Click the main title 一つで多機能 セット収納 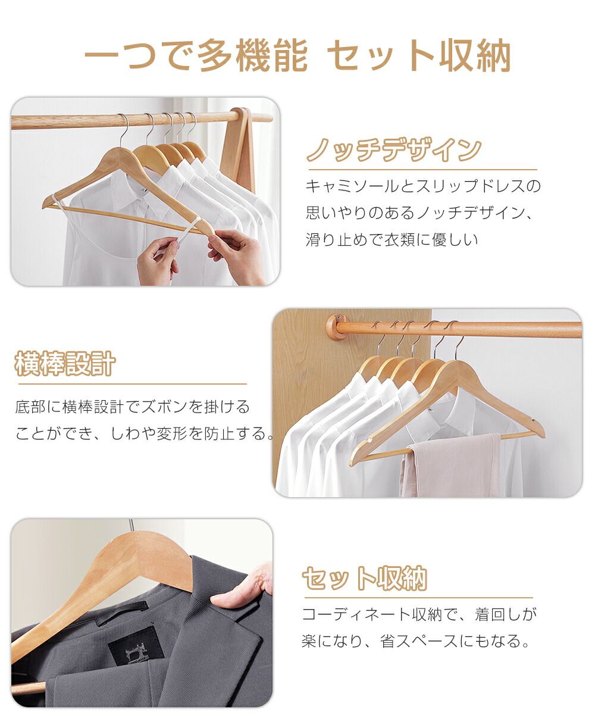(297, 55)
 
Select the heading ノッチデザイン (394, 150)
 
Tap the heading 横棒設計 (65, 364)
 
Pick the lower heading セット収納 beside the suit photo (365, 578)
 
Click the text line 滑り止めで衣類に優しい (392, 240)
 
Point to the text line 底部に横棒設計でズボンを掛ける (132, 407)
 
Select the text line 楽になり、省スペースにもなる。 (415, 641)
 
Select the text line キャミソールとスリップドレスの (423, 186)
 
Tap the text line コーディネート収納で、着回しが (419, 614)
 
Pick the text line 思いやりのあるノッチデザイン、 (419, 213)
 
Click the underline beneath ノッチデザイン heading (423, 170)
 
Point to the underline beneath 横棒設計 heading (133, 383)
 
